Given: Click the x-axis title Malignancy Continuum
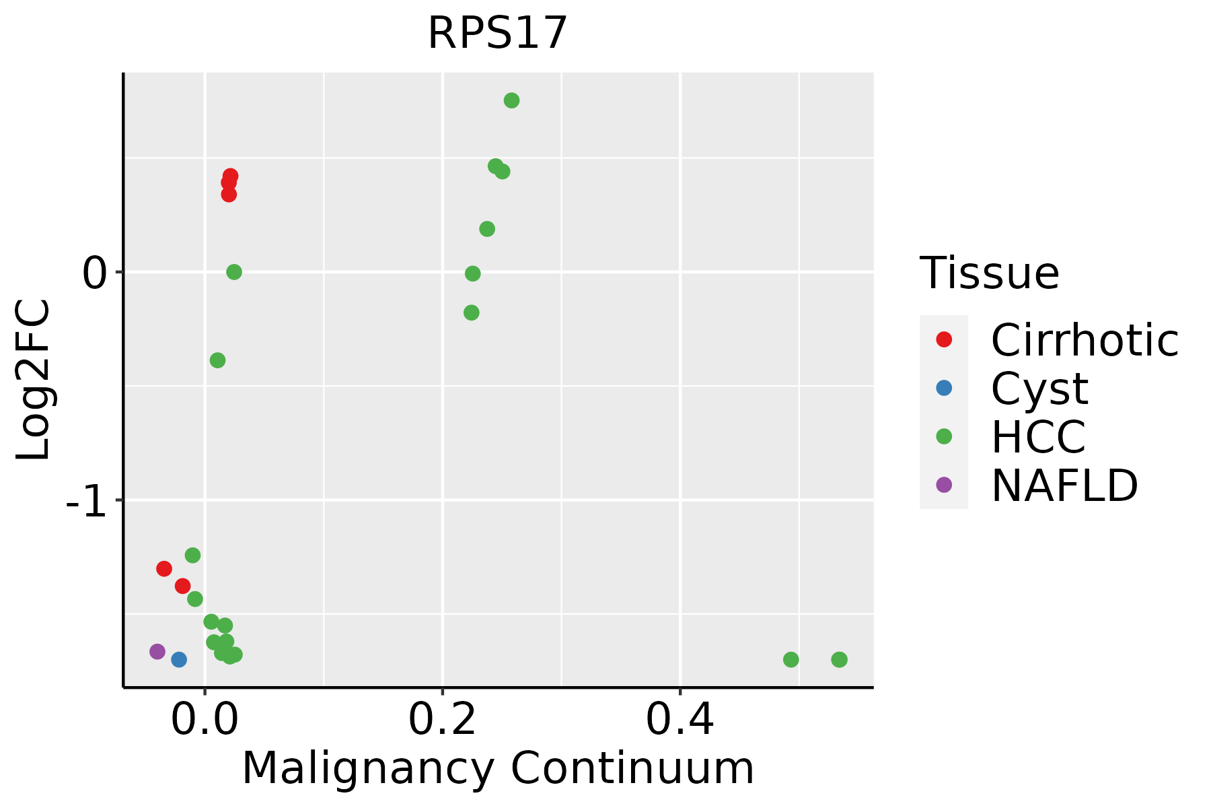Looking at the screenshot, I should [x=498, y=769].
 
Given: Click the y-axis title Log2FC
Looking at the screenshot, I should [x=34, y=380].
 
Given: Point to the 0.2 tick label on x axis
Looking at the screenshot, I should [x=442, y=720].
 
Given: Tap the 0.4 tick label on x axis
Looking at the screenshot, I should [x=680, y=720].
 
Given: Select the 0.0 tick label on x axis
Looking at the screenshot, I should [x=205, y=720].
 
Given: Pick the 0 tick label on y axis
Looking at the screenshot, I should [x=96, y=273].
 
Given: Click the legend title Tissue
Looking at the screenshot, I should [x=989, y=273].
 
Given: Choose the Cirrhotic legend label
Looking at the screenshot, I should [x=1085, y=340].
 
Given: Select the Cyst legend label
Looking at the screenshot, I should [x=1039, y=389].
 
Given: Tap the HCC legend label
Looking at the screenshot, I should [x=1038, y=437].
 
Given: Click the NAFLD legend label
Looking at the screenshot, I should [x=1064, y=485].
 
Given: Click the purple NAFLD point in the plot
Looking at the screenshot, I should [x=157, y=651].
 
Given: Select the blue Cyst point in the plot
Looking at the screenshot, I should [x=179, y=659].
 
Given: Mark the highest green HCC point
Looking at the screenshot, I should [x=511, y=100].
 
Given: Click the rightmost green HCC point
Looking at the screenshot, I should [x=839, y=659].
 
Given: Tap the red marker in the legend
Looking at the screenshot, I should [x=944, y=339].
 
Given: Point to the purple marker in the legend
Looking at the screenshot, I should [x=944, y=485].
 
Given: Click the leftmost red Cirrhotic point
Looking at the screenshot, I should [x=164, y=568].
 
